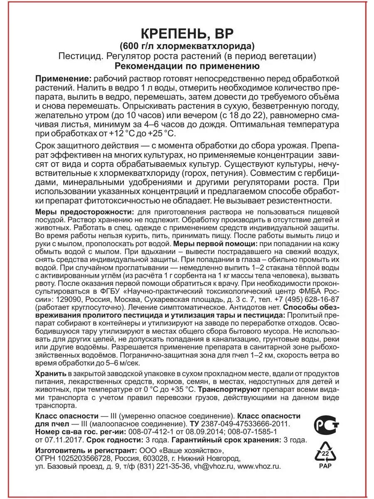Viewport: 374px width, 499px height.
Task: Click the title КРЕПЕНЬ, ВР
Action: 187,34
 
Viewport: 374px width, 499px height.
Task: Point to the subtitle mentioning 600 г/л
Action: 187,46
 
